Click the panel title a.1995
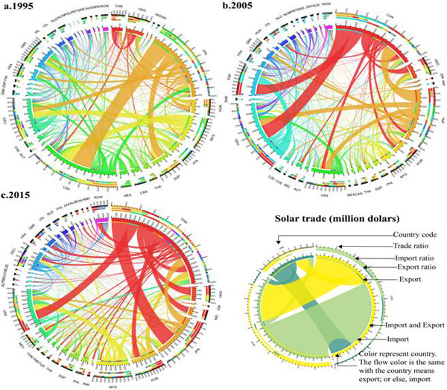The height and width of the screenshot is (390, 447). coord(21,7)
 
